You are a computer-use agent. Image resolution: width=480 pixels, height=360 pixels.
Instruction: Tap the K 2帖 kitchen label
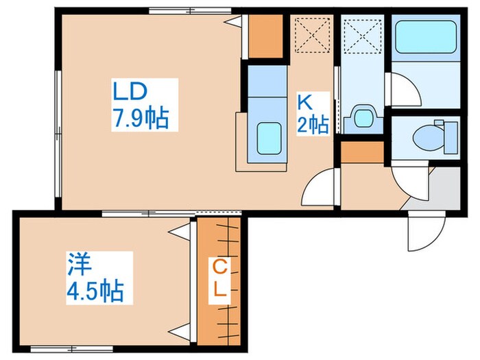pos(313,114)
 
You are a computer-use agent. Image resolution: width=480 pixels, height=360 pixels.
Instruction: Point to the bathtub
pos(426,37)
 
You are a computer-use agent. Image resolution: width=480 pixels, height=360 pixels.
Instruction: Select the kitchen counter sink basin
pos(269,139)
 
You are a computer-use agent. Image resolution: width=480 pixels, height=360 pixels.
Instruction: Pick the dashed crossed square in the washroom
pos(363,35)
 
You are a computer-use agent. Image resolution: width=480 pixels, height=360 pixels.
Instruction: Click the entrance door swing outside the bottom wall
pos(426,232)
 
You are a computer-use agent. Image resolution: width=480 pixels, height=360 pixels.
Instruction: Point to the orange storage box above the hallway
pos(363,152)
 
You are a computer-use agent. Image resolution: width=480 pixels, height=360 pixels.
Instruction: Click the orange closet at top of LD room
pos(265,36)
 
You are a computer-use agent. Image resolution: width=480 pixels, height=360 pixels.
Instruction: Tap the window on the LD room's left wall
pos(58,134)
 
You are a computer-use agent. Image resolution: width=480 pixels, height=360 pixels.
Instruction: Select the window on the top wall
pos(190,11)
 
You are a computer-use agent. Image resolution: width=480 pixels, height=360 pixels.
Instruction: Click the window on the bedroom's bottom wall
pos(71,348)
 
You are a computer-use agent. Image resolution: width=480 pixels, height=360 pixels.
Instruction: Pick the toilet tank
pos(451,137)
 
